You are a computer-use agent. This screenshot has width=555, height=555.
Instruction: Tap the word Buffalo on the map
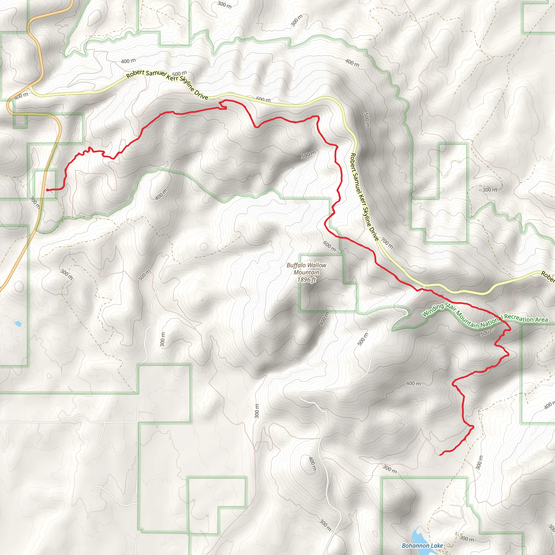(x=296, y=265)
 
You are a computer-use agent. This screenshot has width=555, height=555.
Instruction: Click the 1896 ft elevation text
(x=307, y=279)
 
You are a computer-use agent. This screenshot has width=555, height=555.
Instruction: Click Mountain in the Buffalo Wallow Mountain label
(x=306, y=272)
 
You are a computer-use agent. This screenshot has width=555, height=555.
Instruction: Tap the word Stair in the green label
(x=450, y=307)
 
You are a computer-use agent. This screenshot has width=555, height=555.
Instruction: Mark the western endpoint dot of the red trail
(x=47, y=190)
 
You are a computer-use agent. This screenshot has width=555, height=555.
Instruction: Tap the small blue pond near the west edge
(x=18, y=324)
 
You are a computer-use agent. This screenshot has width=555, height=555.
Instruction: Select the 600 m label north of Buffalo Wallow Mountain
(x=330, y=246)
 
